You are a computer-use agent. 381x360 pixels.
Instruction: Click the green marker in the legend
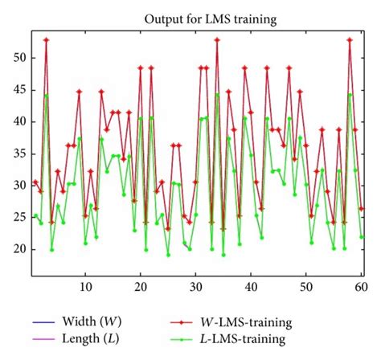click(190, 339)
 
